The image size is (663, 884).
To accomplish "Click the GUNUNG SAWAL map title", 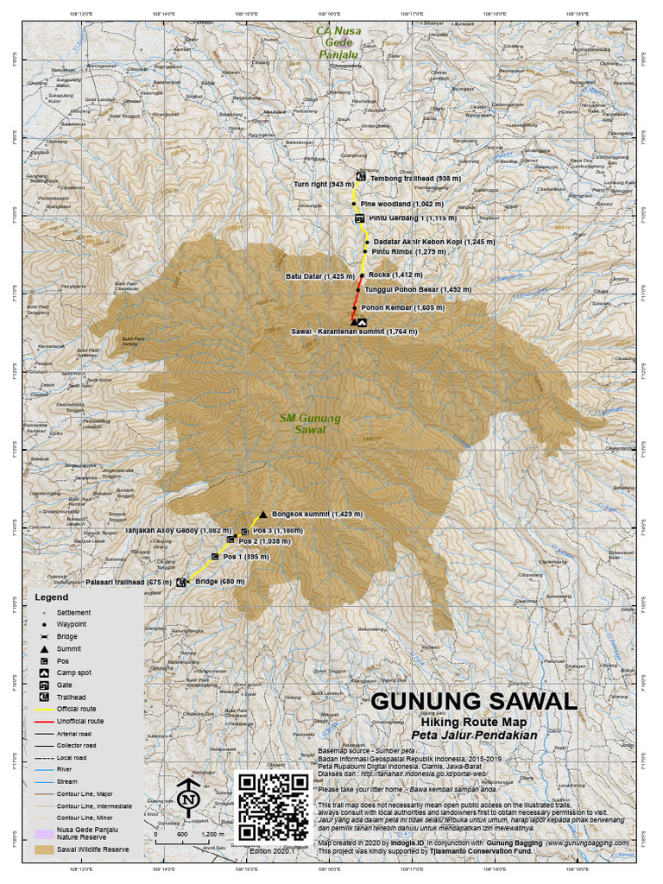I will [x=474, y=700].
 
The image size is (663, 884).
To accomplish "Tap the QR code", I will [x=273, y=806].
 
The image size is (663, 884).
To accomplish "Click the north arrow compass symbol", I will [x=188, y=799].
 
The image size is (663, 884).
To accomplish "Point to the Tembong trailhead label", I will [x=414, y=178].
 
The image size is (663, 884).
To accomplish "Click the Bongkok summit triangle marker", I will [x=262, y=515].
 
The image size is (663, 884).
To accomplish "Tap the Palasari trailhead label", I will [x=128, y=583].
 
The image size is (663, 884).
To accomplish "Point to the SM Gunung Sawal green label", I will [x=311, y=423].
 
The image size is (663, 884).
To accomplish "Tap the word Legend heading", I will [x=52, y=597].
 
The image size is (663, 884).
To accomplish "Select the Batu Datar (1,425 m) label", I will [x=319, y=276].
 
